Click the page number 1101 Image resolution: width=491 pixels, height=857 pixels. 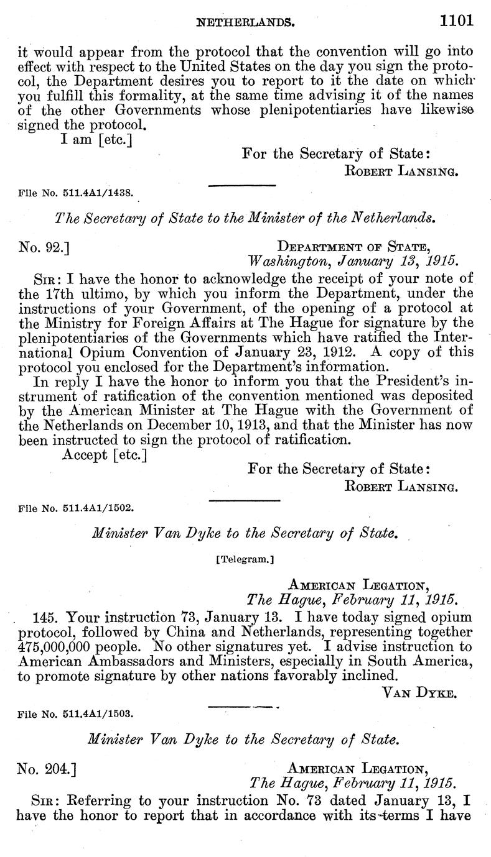point(457,20)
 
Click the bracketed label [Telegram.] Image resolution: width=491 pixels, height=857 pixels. point(245,559)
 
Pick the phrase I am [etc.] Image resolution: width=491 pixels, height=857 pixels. point(95,139)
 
